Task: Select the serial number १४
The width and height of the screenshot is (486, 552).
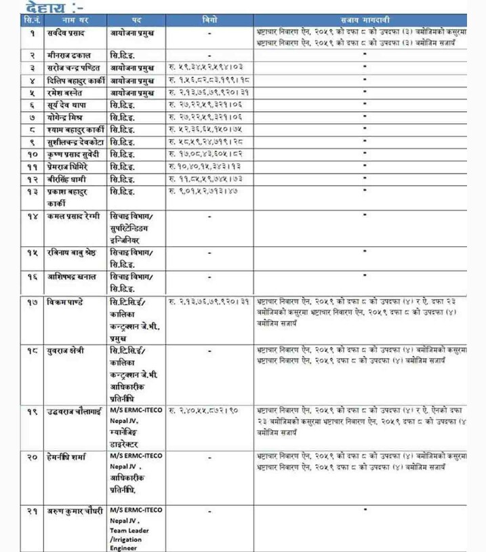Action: coord(32,216)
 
